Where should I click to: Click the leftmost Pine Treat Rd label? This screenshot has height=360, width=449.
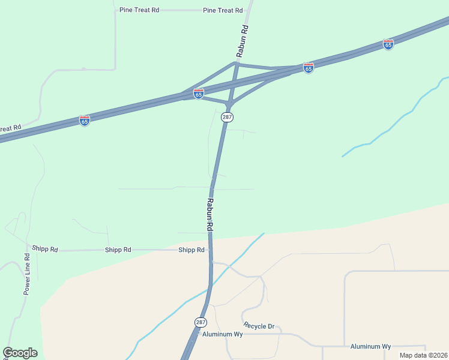[x=139, y=11]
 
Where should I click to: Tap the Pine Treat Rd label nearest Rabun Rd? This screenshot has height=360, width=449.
[x=223, y=11]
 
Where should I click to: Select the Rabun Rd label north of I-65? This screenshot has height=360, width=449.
[x=243, y=41]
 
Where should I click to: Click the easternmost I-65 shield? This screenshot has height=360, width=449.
[x=388, y=44]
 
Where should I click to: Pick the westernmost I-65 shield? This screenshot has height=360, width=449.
[x=85, y=121]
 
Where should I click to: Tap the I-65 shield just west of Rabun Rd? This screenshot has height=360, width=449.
[x=199, y=94]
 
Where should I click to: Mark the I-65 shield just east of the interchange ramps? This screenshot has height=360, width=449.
[x=309, y=68]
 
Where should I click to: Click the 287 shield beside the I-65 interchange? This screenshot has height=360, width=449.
[x=227, y=117]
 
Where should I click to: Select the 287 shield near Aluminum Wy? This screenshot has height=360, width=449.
[x=200, y=322]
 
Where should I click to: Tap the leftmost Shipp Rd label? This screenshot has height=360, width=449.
[x=45, y=249]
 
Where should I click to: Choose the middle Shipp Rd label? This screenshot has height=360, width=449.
[x=118, y=250]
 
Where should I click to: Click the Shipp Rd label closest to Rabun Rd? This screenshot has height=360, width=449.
[x=191, y=250]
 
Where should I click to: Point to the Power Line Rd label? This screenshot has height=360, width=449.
[x=27, y=274]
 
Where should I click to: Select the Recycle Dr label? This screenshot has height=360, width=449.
[x=259, y=326]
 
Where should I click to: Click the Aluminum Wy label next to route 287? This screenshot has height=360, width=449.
[x=222, y=334]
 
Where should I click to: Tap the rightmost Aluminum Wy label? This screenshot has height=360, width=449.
[x=370, y=347]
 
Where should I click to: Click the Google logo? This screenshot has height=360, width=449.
[x=20, y=353]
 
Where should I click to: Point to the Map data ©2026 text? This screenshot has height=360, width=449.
[x=423, y=355]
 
